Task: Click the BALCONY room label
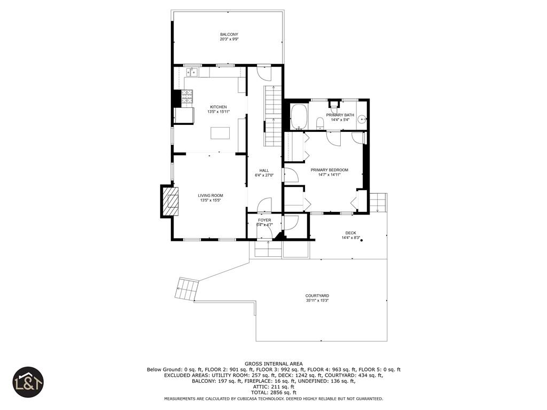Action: pos(229,35)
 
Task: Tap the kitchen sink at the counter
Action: pos(192,72)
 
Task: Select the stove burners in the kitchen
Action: pos(187,96)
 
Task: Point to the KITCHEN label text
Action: pos(218,107)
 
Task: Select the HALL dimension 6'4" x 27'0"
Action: pos(264,175)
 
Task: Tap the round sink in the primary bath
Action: pos(362,120)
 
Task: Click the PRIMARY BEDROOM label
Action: pos(329,170)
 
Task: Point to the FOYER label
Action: pos(264,220)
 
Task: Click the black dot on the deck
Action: pos(362,241)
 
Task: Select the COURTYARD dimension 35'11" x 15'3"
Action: pos(317,301)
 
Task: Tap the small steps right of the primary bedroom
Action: pos(377,203)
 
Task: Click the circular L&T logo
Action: pos(28,382)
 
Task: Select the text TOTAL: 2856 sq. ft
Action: pos(273,392)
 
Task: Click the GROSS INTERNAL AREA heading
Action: pos(273,364)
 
